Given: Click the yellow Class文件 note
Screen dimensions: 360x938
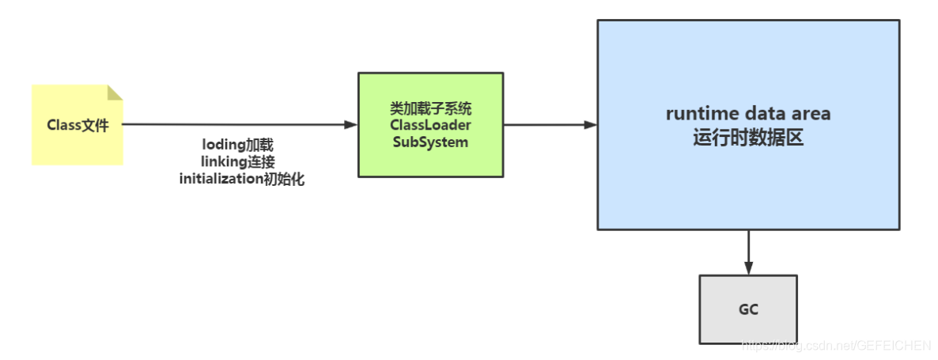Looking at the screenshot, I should click(x=77, y=125).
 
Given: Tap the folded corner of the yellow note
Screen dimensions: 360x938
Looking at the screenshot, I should click(x=115, y=93).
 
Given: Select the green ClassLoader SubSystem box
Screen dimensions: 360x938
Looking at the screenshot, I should click(x=430, y=124).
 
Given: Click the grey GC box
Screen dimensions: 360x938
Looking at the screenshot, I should click(x=747, y=309).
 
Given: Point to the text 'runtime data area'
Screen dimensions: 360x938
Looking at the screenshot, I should click(x=747, y=113).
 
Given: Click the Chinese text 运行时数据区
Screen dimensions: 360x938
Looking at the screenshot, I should click(x=747, y=137).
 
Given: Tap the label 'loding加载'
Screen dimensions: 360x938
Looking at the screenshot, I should click(x=238, y=146).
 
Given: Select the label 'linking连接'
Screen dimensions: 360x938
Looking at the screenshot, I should click(x=238, y=162).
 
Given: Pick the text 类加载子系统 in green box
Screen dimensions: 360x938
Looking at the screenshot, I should click(x=430, y=108).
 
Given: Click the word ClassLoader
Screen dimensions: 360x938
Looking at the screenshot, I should click(x=430, y=125).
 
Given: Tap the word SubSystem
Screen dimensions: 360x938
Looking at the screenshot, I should click(x=430, y=142).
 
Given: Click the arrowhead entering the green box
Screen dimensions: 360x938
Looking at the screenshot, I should click(x=351, y=124).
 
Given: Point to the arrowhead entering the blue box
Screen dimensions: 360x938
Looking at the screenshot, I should click(x=590, y=124).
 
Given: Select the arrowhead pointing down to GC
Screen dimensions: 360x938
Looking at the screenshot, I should click(x=747, y=268).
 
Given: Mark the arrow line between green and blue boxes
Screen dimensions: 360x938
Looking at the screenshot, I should click(x=546, y=124).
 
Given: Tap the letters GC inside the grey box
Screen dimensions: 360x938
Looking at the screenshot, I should click(x=747, y=309).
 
